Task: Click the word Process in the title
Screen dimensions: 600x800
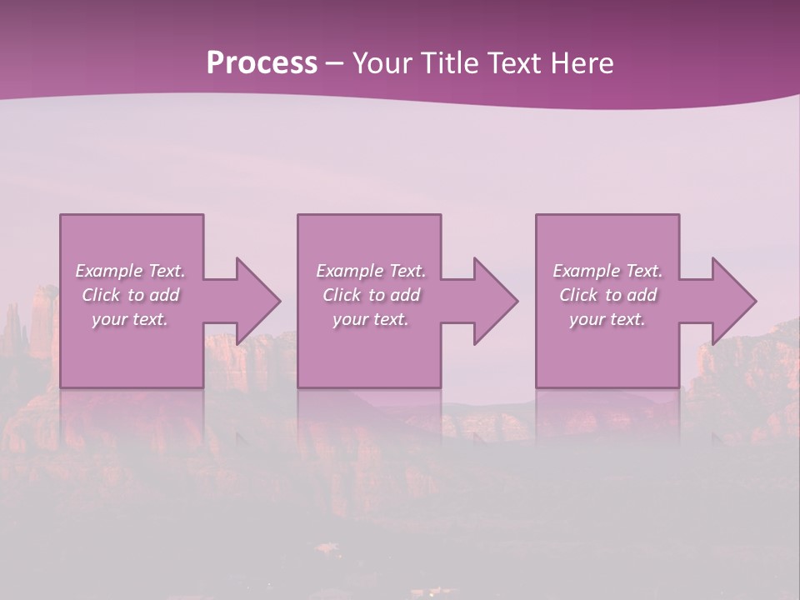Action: pyautogui.click(x=262, y=63)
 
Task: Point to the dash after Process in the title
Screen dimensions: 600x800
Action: pyautogui.click(x=334, y=63)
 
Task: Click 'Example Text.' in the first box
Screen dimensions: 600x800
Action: pyautogui.click(x=130, y=271)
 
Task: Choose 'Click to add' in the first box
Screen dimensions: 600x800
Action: pyautogui.click(x=130, y=295)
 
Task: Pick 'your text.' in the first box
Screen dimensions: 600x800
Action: pyautogui.click(x=130, y=319)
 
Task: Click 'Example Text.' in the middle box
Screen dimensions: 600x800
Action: pyautogui.click(x=371, y=271)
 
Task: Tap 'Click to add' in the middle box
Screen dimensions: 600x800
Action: pyautogui.click(x=371, y=295)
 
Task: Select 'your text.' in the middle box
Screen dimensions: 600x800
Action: pyautogui.click(x=371, y=319)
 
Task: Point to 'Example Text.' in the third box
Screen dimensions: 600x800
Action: pyautogui.click(x=607, y=271)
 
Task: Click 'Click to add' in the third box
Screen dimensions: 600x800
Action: pyautogui.click(x=607, y=295)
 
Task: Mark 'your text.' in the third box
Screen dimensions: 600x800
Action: pyautogui.click(x=607, y=319)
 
